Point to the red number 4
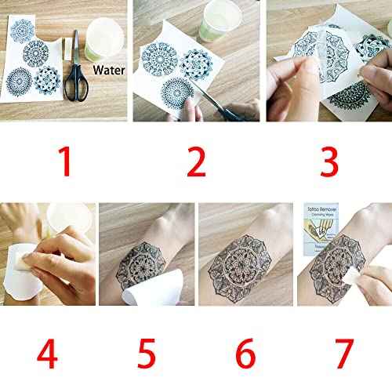click(x=47, y=354)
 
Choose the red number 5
click(x=147, y=354)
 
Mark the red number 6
click(x=245, y=354)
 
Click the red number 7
click(x=342, y=354)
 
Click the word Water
click(x=109, y=69)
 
